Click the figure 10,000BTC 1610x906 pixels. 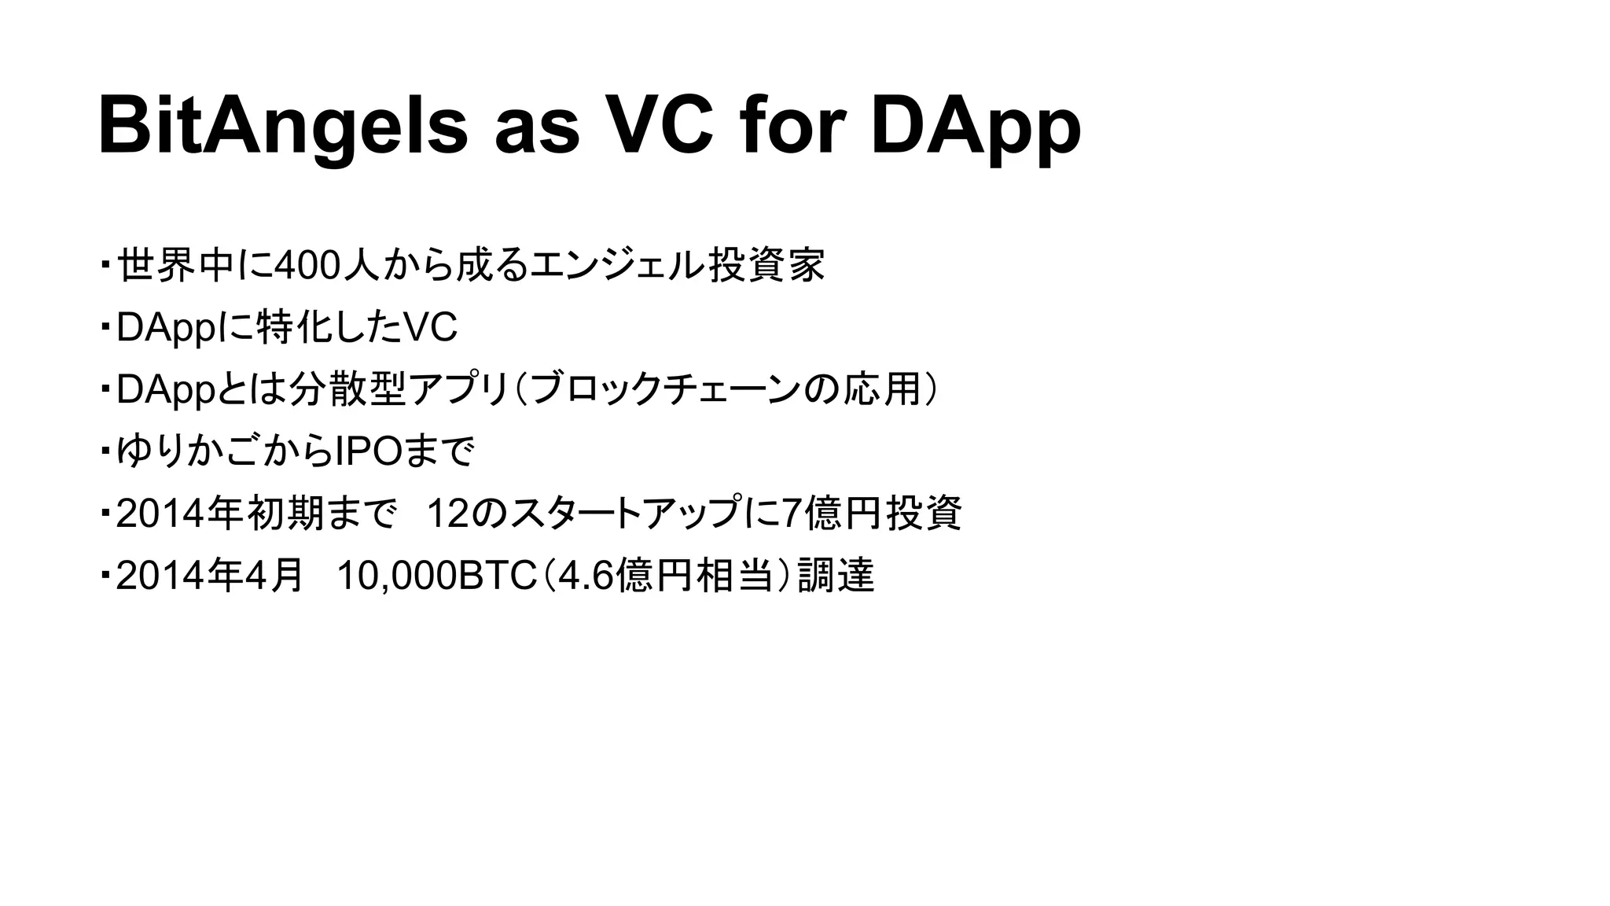pos(436,576)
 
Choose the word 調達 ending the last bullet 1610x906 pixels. pos(836,576)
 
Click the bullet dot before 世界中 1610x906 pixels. pos(105,263)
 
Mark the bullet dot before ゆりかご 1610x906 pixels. pos(105,451)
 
